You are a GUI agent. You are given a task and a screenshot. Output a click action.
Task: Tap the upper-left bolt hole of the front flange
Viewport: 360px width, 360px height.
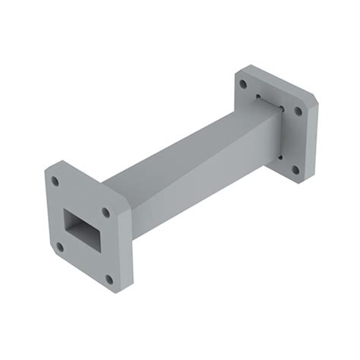(55, 182)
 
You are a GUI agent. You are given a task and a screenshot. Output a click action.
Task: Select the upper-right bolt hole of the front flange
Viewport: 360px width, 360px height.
(106, 212)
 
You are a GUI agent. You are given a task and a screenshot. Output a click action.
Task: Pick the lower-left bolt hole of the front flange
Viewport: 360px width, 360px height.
(59, 246)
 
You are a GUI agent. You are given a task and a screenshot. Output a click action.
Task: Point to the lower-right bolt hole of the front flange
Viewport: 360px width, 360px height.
(109, 279)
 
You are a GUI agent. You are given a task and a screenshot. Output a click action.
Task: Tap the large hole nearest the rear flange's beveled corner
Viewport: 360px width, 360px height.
(298, 111)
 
